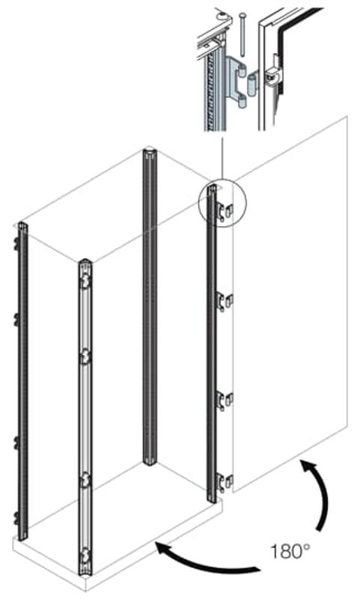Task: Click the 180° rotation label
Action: pyautogui.click(x=290, y=552)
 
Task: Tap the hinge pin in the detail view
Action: pyautogui.click(x=242, y=34)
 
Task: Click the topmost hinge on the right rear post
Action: pyautogui.click(x=224, y=211)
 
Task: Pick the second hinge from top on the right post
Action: pyautogui.click(x=224, y=302)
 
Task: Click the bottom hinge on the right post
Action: pyautogui.click(x=224, y=482)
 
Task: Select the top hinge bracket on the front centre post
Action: pyautogui.click(x=85, y=282)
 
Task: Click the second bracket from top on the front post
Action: pyautogui.click(x=85, y=357)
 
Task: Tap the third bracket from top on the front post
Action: pyautogui.click(x=85, y=480)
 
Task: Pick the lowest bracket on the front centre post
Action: pyautogui.click(x=85, y=556)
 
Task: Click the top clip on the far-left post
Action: pyautogui.click(x=16, y=244)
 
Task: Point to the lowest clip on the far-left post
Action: pyautogui.click(x=16, y=519)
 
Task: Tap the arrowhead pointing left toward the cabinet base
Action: pyautogui.click(x=163, y=550)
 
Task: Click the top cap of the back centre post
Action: pyautogui.click(x=150, y=152)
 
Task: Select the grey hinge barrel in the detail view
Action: pyautogui.click(x=252, y=85)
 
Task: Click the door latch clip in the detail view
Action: pyautogui.click(x=272, y=73)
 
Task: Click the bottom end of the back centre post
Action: pyautogui.click(x=150, y=462)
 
